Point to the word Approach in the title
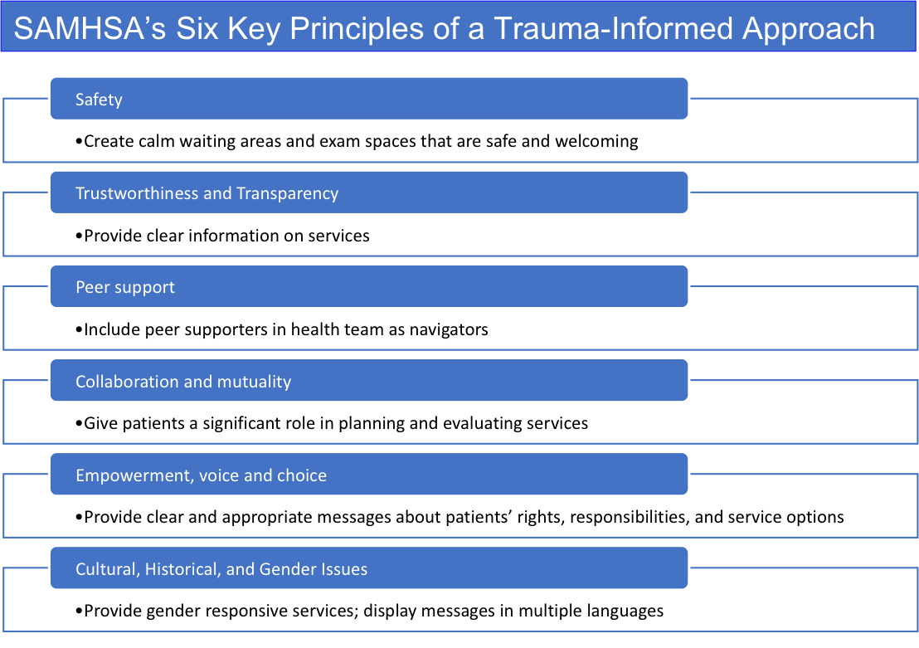[x=808, y=28]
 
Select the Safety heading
[x=99, y=100]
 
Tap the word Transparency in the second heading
[x=287, y=193]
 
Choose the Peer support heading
[x=125, y=287]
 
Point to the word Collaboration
[x=124, y=382]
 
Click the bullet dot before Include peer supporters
[x=80, y=330]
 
